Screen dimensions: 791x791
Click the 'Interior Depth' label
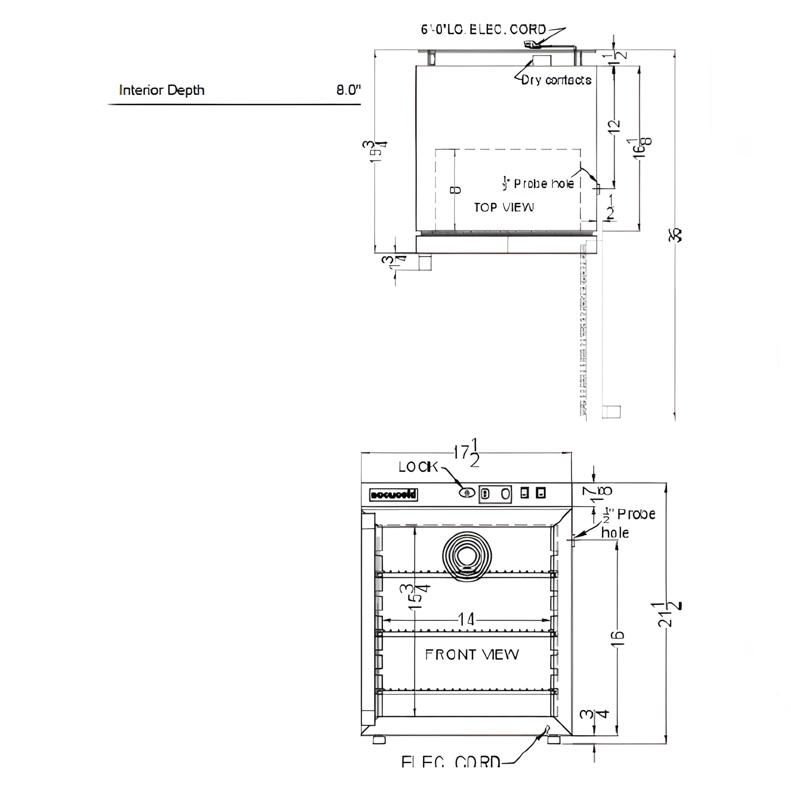pyautogui.click(x=161, y=90)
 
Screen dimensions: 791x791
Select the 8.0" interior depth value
pyautogui.click(x=348, y=90)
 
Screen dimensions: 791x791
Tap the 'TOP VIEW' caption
pyautogui.click(x=504, y=208)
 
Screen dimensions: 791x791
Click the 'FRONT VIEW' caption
pyautogui.click(x=472, y=655)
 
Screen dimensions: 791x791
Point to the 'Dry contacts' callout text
pyautogui.click(x=556, y=80)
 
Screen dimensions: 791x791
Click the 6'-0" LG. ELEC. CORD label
pyautogui.click(x=483, y=30)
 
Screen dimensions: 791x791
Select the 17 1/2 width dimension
pyautogui.click(x=466, y=453)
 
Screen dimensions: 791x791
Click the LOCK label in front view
pyautogui.click(x=418, y=467)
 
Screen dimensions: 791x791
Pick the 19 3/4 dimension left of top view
pyautogui.click(x=374, y=152)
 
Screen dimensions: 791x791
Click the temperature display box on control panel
pyautogui.click(x=495, y=494)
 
